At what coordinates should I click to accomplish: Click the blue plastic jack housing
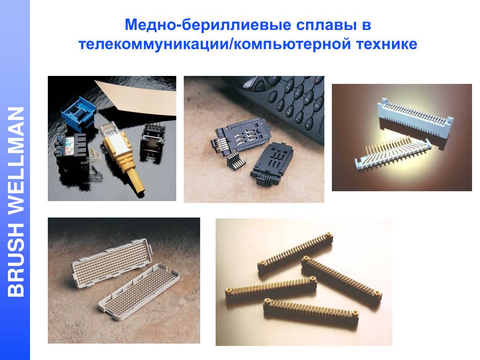(x=79, y=112)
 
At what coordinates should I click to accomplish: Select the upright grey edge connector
(x=415, y=117)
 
